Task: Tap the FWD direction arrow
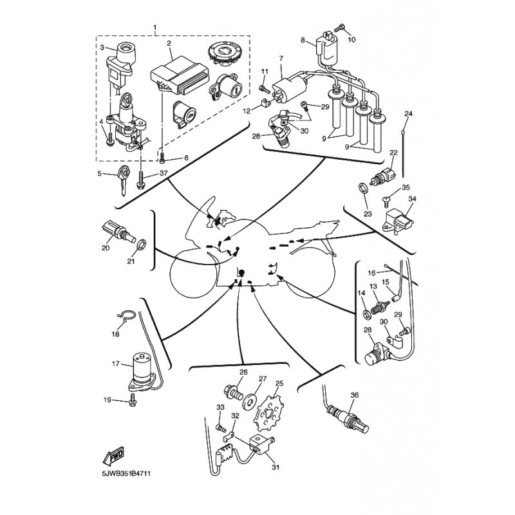tap(113, 456)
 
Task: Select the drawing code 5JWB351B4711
tap(126, 474)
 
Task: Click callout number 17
tap(116, 364)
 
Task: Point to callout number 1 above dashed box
tap(155, 26)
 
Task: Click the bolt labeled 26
tap(232, 392)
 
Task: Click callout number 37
tap(164, 173)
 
